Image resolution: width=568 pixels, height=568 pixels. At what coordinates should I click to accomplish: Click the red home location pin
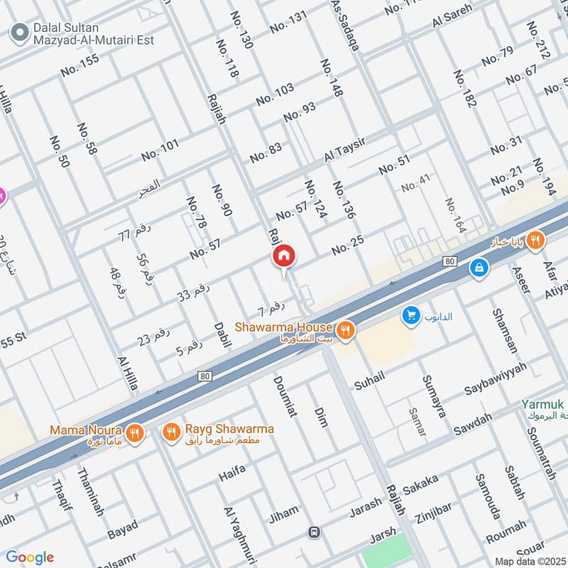tap(283, 256)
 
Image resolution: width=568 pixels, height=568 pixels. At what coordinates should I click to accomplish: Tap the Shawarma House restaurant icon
tap(345, 329)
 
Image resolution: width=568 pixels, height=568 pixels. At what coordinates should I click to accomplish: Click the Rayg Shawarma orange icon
tap(171, 432)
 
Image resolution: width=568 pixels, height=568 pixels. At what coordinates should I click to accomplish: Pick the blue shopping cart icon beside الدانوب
tap(410, 315)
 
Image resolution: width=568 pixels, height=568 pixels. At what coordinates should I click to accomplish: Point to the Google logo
tap(29, 557)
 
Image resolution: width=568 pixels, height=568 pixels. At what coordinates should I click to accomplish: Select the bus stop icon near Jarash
tap(313, 532)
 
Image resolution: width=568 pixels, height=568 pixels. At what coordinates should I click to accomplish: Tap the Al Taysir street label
tap(344, 150)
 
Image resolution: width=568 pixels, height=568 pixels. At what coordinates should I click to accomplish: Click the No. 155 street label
tap(80, 65)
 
